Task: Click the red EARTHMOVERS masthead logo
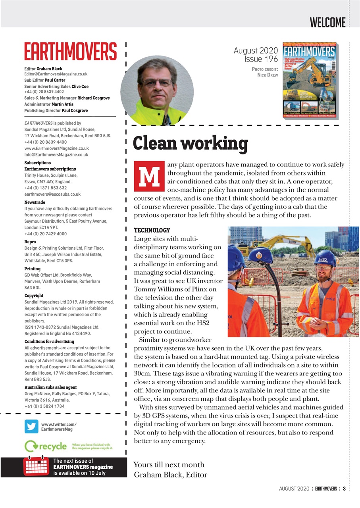(70, 52)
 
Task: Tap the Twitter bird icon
(31, 427)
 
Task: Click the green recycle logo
(45, 446)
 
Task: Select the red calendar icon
(36, 467)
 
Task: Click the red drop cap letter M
(149, 176)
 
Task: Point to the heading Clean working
(190, 143)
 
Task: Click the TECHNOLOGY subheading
(152, 230)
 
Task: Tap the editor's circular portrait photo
(157, 90)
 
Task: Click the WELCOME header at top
(327, 22)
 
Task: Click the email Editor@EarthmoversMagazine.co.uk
(56, 74)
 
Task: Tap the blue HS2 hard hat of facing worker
(325, 258)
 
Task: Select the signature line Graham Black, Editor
(171, 475)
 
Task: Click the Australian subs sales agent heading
(50, 387)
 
